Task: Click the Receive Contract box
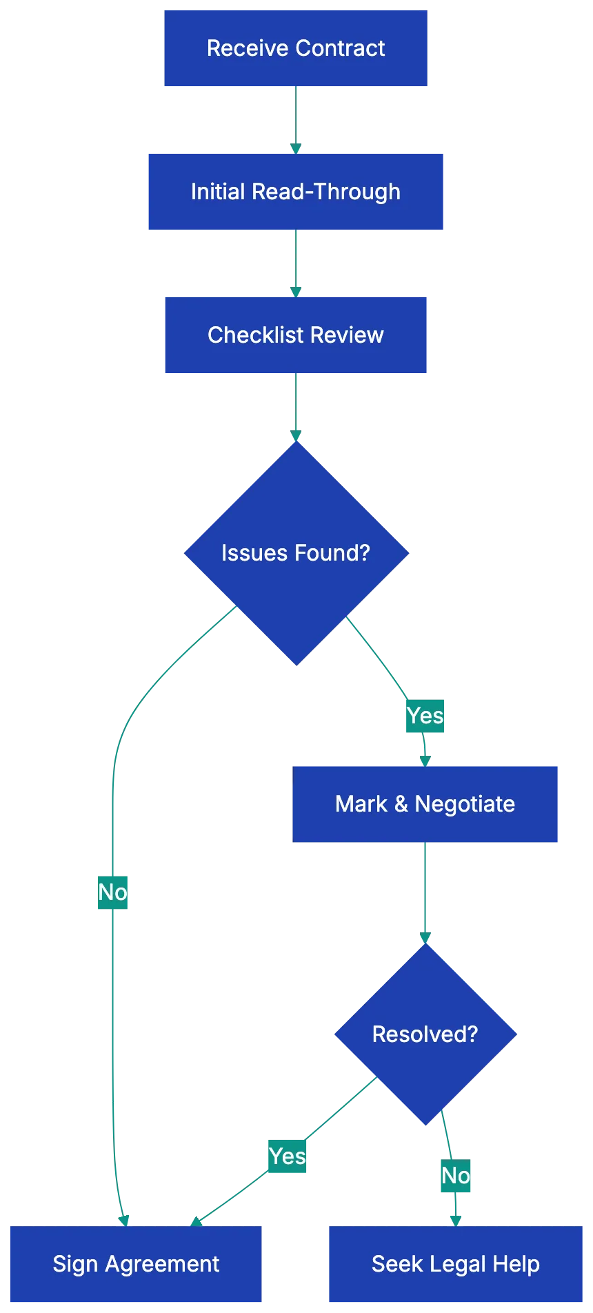coord(295,48)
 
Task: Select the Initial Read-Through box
coord(295,192)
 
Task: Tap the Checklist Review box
coord(295,335)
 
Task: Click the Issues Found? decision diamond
coord(296,553)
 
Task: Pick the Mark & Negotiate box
coord(425,804)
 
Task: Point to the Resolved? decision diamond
coord(425,1034)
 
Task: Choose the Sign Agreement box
coord(136,1264)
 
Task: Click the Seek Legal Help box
coord(455,1264)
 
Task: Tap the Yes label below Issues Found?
coord(425,716)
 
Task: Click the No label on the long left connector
coord(112,892)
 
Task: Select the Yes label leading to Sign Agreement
coord(287,1156)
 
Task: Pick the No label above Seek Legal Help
coord(456,1176)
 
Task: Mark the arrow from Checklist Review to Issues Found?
coord(295,407)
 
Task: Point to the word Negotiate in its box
coord(465,804)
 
